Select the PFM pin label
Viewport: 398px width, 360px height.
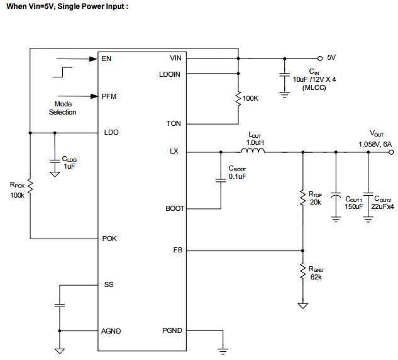point(109,96)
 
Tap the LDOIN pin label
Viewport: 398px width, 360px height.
point(170,74)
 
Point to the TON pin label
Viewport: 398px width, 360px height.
point(174,123)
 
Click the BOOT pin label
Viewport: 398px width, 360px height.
point(175,208)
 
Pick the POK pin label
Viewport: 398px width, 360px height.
point(109,239)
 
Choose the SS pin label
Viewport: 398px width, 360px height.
point(109,284)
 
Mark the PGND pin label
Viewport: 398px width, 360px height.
point(172,330)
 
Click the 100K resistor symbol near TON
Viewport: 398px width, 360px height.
point(238,99)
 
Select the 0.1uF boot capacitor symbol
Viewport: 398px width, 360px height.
point(221,181)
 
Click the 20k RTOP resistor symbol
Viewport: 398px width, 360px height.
point(303,199)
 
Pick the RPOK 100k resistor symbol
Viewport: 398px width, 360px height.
point(30,187)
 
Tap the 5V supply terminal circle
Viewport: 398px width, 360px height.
point(319,57)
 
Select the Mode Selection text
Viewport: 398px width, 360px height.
point(62,108)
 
